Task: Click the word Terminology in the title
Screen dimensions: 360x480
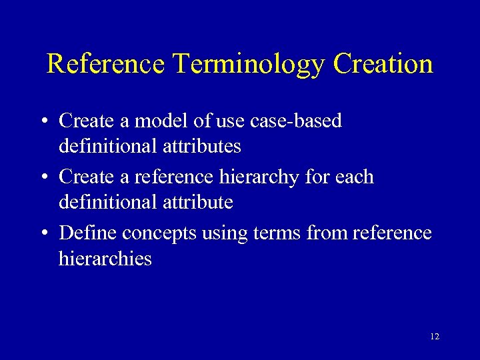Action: [x=249, y=65]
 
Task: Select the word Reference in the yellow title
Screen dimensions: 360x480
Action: [x=105, y=63]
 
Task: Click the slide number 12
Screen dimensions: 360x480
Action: [x=435, y=337]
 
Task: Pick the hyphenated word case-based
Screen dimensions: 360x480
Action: [x=306, y=121]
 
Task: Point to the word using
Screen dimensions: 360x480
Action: [x=229, y=234]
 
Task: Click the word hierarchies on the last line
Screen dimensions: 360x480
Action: [x=105, y=258]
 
